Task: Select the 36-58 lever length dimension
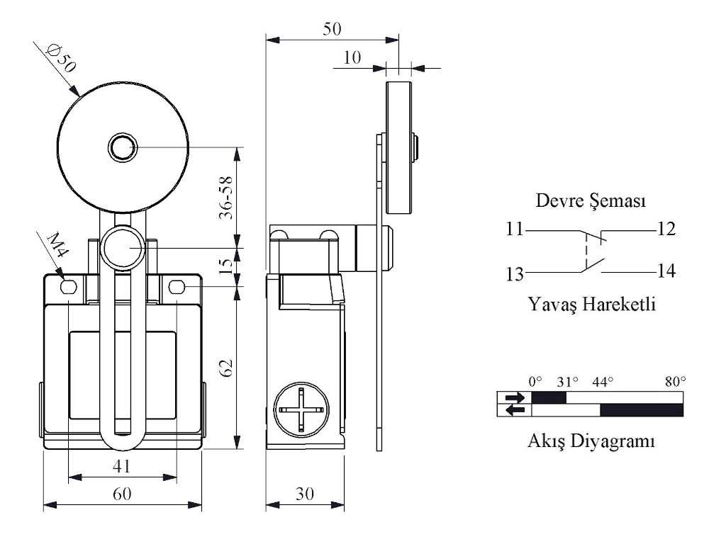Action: click(x=225, y=198)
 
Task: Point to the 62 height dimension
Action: click(x=225, y=368)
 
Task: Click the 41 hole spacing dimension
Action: click(x=122, y=466)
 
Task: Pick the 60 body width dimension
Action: click(x=122, y=494)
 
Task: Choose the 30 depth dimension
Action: click(x=305, y=494)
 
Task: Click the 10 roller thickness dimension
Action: click(x=352, y=57)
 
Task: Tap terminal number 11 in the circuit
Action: click(x=515, y=229)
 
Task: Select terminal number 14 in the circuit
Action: click(x=666, y=271)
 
